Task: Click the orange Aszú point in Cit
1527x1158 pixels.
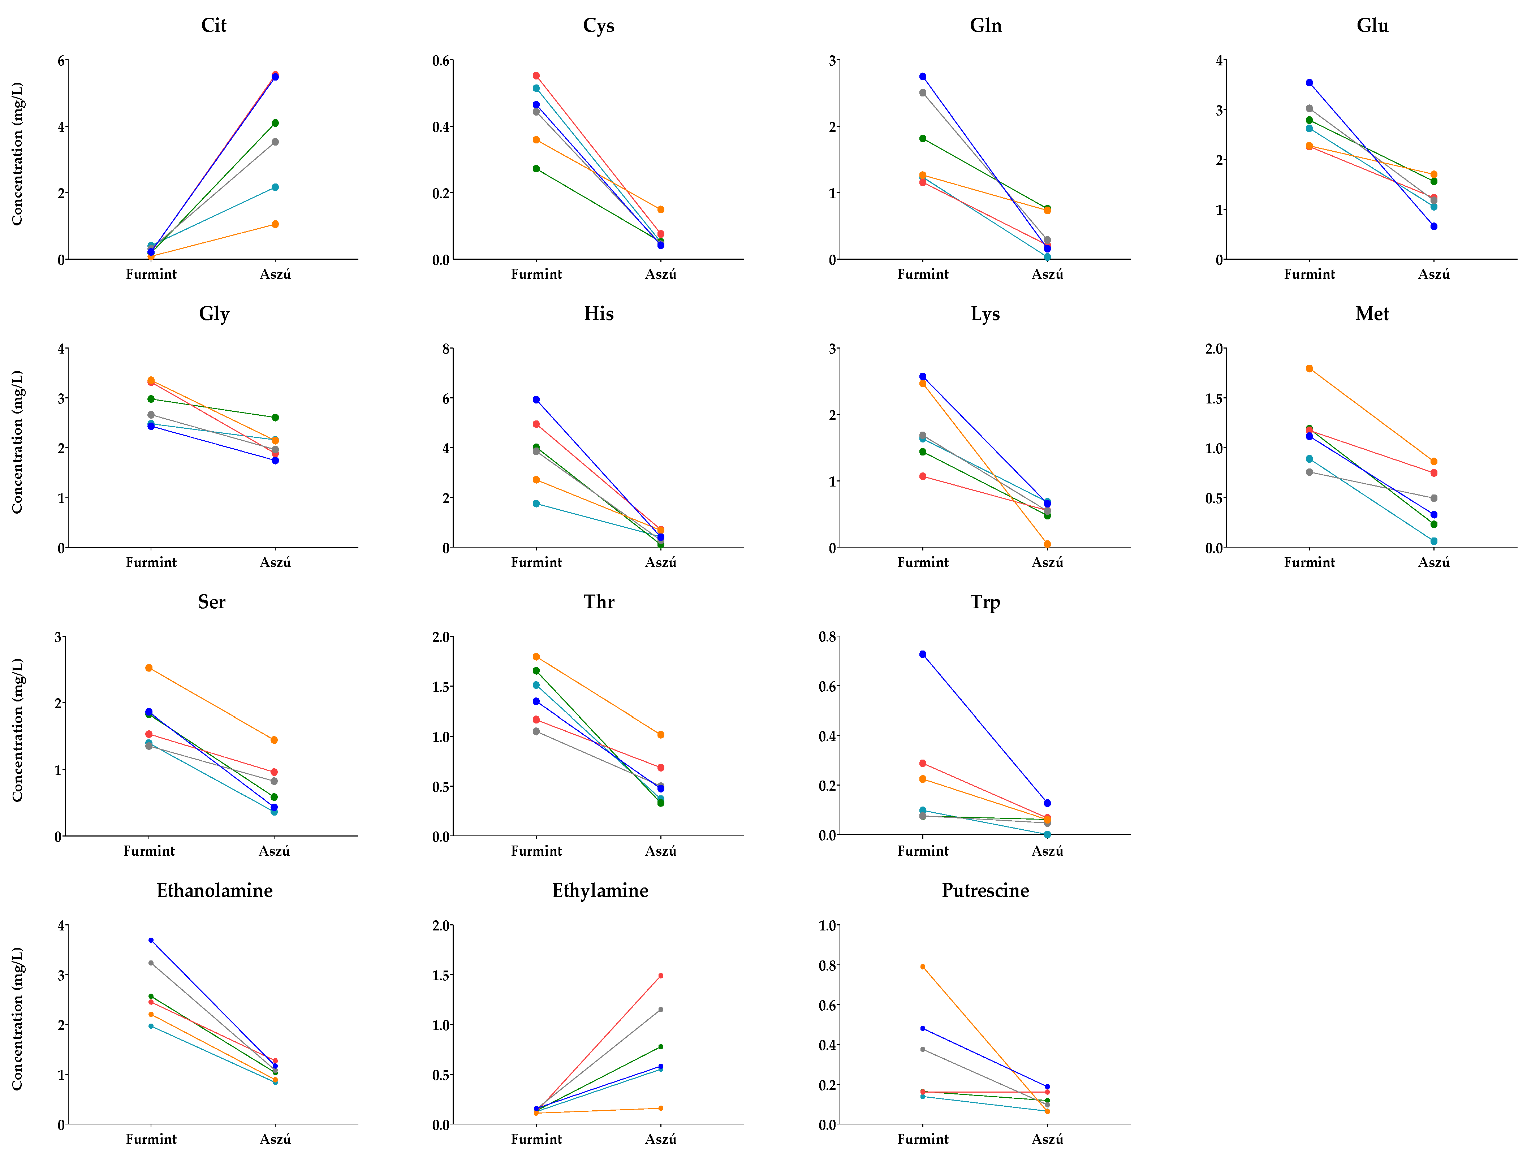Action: tap(275, 224)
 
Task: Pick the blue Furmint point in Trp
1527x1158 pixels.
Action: tap(923, 654)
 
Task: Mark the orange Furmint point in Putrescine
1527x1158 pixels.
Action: tap(923, 967)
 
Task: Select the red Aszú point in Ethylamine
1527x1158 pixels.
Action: tap(661, 976)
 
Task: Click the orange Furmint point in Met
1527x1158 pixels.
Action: tap(1310, 368)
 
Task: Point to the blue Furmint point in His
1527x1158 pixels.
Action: tap(536, 399)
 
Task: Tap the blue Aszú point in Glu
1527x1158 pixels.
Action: tap(1434, 226)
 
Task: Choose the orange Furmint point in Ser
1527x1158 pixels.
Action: tap(149, 668)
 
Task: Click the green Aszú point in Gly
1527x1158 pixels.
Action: tap(275, 418)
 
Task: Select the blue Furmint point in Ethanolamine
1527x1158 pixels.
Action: tap(151, 940)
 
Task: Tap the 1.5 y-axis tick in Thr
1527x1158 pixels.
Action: tap(441, 687)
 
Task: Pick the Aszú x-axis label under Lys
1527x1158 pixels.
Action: tap(1047, 562)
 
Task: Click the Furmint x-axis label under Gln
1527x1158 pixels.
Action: tap(923, 274)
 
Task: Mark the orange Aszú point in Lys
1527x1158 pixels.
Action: tap(1047, 544)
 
